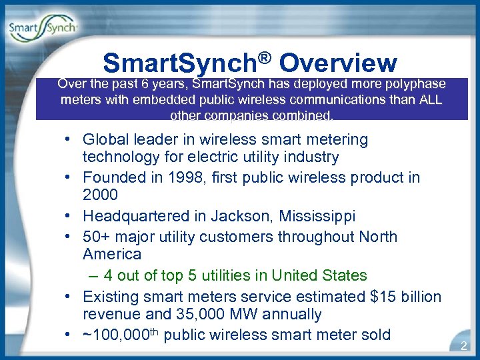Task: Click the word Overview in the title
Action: tap(338, 63)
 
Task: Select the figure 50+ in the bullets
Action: tap(97, 237)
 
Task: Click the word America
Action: tap(112, 254)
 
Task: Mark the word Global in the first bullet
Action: tap(105, 139)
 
